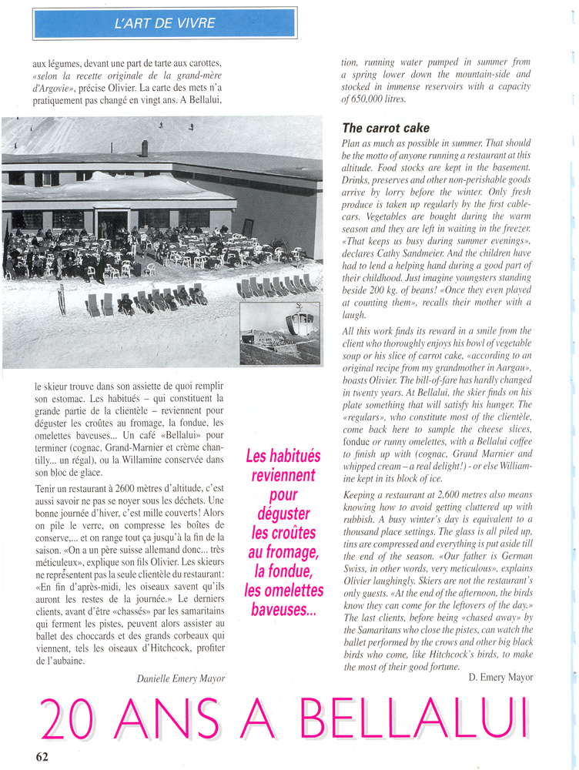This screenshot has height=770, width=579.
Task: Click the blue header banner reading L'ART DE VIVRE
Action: (165, 23)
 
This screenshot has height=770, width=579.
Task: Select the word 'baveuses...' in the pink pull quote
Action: (284, 609)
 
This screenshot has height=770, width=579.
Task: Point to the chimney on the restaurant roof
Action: (144, 148)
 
